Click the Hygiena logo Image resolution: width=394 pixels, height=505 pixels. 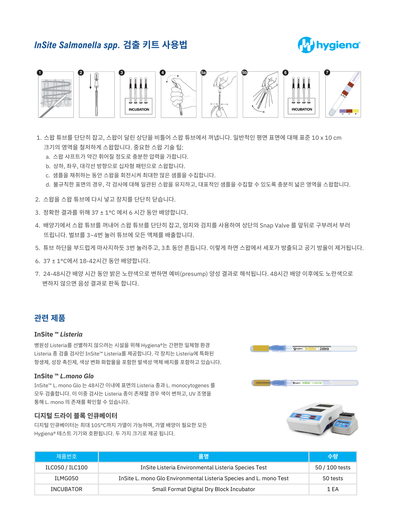[329, 45]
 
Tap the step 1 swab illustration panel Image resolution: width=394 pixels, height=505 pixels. [56, 95]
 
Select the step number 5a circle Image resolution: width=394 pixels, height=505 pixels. [203, 73]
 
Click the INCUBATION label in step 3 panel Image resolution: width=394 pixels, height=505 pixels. [139, 109]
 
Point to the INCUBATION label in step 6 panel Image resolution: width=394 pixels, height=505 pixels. [302, 109]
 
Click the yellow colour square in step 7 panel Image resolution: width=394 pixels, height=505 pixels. [356, 111]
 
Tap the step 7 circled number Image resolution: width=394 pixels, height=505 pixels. [327, 72]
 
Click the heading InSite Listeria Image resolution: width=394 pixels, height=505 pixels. [58, 334]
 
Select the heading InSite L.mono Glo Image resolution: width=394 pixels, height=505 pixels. [64, 376]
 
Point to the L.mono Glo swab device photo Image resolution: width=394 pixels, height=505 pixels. [305, 383]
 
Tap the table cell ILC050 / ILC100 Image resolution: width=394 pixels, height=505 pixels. [66, 467]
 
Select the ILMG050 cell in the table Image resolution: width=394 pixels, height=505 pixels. [66, 478]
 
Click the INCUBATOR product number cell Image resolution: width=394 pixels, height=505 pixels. [66, 489]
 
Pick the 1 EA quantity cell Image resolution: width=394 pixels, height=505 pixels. [333, 489]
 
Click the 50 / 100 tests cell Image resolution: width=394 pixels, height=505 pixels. [333, 467]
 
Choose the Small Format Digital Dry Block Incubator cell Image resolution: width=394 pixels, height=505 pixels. [203, 489]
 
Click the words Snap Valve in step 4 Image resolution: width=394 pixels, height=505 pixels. [274, 225]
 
